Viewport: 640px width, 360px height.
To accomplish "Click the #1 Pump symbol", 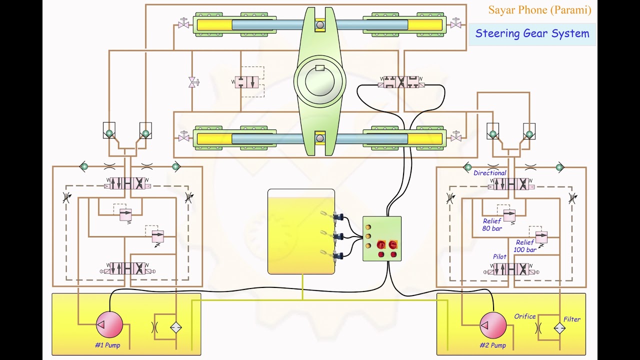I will (109, 324).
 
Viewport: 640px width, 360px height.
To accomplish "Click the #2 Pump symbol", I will (493, 325).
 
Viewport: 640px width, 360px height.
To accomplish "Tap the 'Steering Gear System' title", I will (532, 34).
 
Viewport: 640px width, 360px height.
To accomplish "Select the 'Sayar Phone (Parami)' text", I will (539, 10).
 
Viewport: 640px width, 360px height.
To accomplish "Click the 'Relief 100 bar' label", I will (525, 246).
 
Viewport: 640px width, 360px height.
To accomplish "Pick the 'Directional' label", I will (489, 173).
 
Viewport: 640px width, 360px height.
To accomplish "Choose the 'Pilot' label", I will (499, 256).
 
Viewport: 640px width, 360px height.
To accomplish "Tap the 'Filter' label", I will (572, 319).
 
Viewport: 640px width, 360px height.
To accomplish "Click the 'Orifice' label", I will (524, 316).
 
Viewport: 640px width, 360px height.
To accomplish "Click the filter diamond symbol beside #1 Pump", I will (175, 328).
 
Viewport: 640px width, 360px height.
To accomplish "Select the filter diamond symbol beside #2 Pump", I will (559, 328).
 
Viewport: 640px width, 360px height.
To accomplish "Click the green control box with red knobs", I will (382, 238).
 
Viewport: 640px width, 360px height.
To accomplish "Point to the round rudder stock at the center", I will (320, 81).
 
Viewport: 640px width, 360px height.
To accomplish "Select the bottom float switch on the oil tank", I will (334, 255).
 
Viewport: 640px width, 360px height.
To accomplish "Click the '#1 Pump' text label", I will (107, 345).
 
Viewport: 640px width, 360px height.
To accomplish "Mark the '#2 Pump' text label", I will (492, 345).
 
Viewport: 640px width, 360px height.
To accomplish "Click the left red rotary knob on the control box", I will (381, 244).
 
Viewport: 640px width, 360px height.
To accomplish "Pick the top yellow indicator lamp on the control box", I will (368, 227).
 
